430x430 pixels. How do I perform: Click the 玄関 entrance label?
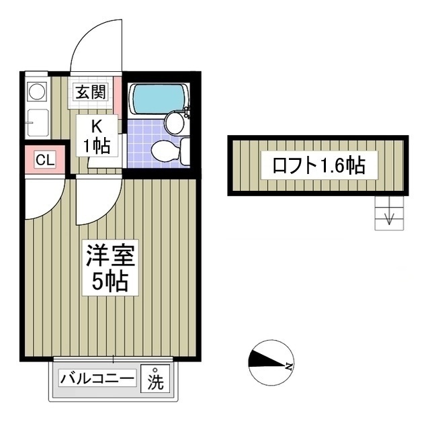pos(89,93)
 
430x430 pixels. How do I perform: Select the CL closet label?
pos(45,160)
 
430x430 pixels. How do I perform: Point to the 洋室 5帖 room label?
pos(111,267)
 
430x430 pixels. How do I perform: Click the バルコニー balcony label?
pos(98,379)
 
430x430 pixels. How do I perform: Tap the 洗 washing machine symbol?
pos(156,380)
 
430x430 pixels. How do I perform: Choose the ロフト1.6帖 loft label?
pos(318,165)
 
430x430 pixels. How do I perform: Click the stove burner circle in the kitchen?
pos(36,90)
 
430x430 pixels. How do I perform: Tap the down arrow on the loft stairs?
pos(389,217)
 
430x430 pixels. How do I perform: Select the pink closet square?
pos(45,160)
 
